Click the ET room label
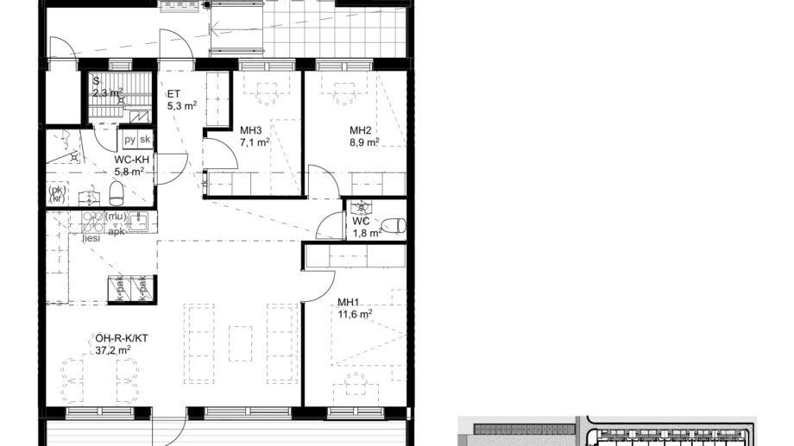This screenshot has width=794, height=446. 173,95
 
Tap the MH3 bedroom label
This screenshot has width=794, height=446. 250,131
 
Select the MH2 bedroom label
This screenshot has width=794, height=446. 360,131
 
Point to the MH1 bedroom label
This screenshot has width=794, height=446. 348,302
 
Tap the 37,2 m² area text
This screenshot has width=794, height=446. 113,349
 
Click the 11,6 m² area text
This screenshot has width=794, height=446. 354,315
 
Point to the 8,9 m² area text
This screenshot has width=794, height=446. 364,142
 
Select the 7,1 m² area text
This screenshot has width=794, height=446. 255,142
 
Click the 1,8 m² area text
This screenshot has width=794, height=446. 366,233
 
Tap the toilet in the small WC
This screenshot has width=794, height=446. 394,225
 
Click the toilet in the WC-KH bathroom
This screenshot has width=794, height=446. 116,192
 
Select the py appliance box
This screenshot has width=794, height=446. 129,140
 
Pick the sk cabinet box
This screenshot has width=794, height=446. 145,140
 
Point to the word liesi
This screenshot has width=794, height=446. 91,238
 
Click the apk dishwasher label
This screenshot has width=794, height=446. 117,231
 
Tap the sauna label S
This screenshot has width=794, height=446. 97,80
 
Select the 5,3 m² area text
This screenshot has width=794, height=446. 182,106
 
